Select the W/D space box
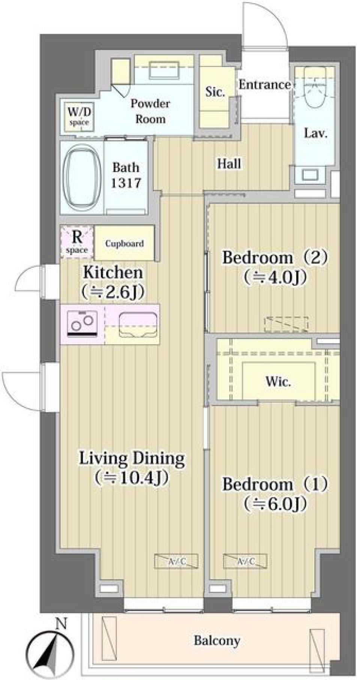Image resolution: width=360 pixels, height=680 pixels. tap(79, 117)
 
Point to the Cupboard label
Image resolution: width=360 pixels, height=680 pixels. tap(124, 243)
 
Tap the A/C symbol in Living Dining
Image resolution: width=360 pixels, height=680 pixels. tap(176, 561)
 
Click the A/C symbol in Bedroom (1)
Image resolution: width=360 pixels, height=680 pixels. tap(245, 561)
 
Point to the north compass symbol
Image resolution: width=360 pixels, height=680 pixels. tap(49, 651)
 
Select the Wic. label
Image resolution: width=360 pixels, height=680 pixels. tap(278, 381)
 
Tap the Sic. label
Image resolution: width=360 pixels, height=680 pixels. tap(215, 91)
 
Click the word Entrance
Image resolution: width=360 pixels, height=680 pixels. tap(265, 85)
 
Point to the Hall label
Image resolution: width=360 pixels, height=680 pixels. tap(229, 164)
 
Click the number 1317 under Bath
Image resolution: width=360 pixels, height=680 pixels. tap(126, 183)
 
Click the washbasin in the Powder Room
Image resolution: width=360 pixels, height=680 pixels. tap(164, 70)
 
